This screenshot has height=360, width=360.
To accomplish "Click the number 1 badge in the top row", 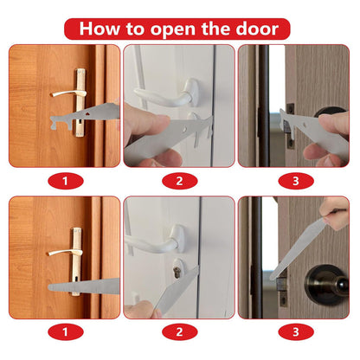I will pyautogui.click(x=65, y=181).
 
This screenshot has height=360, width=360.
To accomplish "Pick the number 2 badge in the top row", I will pyautogui.click(x=179, y=181).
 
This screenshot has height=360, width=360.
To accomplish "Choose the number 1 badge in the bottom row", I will pyautogui.click(x=65, y=331).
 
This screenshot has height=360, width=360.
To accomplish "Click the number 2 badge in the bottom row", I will pyautogui.click(x=179, y=331).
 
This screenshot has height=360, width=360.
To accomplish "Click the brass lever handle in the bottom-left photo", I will pyautogui.click(x=61, y=252).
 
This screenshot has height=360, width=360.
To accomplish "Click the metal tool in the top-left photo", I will pyautogui.click(x=87, y=115).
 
